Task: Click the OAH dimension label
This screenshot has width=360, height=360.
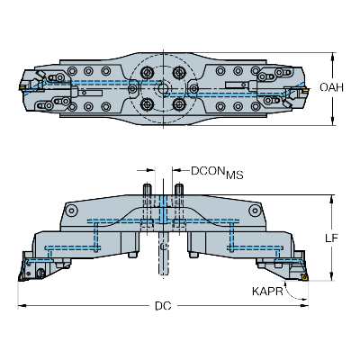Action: (x=331, y=87)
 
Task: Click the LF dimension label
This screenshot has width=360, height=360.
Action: (x=332, y=238)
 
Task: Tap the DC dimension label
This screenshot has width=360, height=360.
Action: (x=163, y=306)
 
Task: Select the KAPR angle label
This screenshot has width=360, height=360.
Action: (x=267, y=292)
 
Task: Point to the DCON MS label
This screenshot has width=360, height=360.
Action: (x=217, y=172)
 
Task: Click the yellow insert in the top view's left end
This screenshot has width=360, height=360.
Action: (x=22, y=87)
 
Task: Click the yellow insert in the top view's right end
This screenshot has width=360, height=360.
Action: (x=305, y=89)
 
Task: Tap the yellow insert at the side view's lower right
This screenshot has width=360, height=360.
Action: (x=305, y=277)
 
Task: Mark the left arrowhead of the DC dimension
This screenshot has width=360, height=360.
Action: (x=22, y=306)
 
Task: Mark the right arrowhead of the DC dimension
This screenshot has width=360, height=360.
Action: (x=305, y=306)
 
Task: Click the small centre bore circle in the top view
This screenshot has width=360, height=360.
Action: (x=163, y=88)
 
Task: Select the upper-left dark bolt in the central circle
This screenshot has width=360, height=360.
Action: (x=147, y=72)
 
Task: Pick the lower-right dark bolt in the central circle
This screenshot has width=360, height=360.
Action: (x=179, y=104)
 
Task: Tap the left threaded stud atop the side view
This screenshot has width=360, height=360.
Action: (x=147, y=189)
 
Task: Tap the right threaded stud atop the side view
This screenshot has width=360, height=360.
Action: (x=179, y=189)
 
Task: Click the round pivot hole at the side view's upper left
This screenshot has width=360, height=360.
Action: (x=71, y=210)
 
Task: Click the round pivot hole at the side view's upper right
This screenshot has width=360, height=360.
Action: (x=255, y=210)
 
